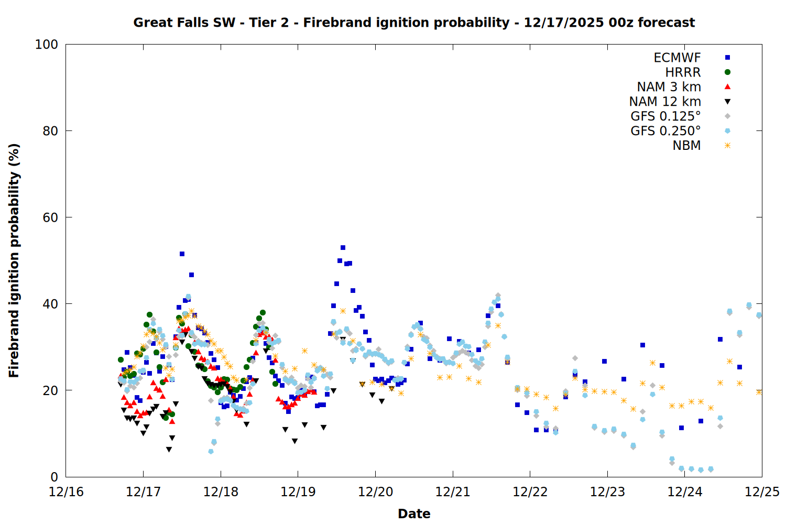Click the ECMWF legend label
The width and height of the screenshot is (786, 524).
pos(677,58)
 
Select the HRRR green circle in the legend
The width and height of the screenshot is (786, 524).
pos(727,72)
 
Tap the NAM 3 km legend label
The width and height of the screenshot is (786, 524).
pos(669,87)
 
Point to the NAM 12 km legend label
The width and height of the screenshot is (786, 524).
pos(665,102)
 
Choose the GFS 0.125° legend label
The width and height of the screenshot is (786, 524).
pos(665,116)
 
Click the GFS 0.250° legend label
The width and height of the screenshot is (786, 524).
pos(665,131)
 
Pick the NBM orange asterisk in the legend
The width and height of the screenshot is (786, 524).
pos(727,146)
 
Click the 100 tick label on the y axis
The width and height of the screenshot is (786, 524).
pos(46,45)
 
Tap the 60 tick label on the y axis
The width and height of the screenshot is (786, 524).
pos(50,217)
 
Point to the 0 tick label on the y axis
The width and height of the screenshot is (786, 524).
pos(54,477)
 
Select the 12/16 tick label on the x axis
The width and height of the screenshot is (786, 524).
pos(66,492)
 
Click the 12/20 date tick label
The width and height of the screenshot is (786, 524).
pos(375,492)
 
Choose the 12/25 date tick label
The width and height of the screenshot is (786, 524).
pos(762,492)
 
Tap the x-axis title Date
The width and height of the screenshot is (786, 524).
pos(414,514)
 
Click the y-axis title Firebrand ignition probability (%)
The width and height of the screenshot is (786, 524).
pos(14,260)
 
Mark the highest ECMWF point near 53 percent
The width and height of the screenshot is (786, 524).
pos(343,247)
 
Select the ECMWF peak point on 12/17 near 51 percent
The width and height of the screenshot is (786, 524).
pos(182,254)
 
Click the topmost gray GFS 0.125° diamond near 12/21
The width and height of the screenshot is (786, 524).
pos(498,296)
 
